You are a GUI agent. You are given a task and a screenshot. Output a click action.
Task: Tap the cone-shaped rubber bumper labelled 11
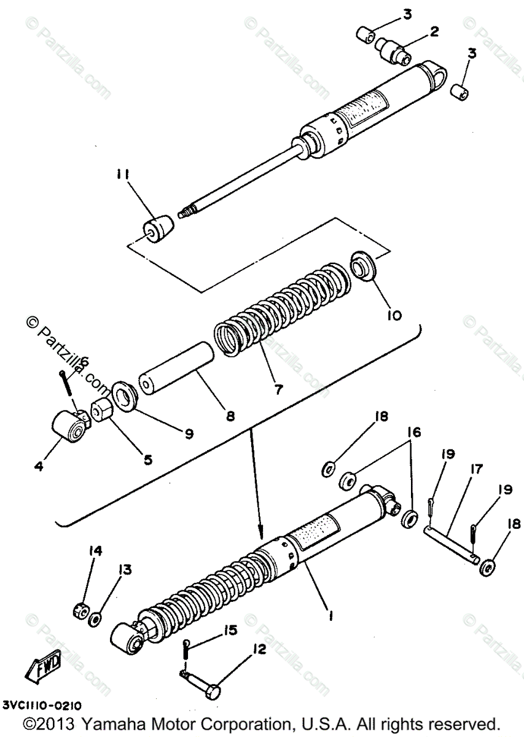(x=158, y=230)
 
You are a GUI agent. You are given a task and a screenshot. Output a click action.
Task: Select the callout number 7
(x=279, y=389)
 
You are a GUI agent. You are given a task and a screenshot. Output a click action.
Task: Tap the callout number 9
(x=189, y=433)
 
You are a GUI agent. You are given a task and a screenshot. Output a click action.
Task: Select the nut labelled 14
(x=79, y=610)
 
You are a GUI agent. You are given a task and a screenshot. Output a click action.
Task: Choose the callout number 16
(x=415, y=433)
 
